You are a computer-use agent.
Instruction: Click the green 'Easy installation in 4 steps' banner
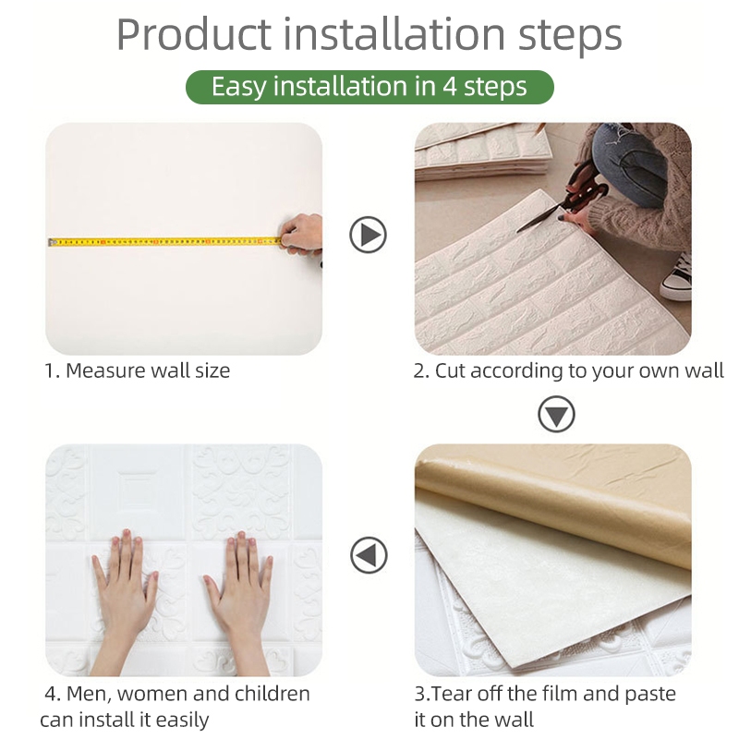(x=369, y=87)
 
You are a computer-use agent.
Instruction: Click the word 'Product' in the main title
(x=194, y=34)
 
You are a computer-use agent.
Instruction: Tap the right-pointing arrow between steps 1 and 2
(x=368, y=235)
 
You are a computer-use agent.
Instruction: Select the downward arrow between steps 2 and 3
(x=556, y=414)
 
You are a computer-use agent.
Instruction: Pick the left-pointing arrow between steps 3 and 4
(x=369, y=555)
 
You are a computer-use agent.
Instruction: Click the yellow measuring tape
(x=165, y=242)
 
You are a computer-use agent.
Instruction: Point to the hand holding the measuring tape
(x=302, y=236)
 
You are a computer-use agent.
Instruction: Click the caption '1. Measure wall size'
(x=137, y=370)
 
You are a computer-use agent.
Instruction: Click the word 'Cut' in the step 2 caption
(x=451, y=370)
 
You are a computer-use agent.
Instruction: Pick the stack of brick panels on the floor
(x=483, y=151)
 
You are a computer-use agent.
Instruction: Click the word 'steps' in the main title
(x=570, y=36)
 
